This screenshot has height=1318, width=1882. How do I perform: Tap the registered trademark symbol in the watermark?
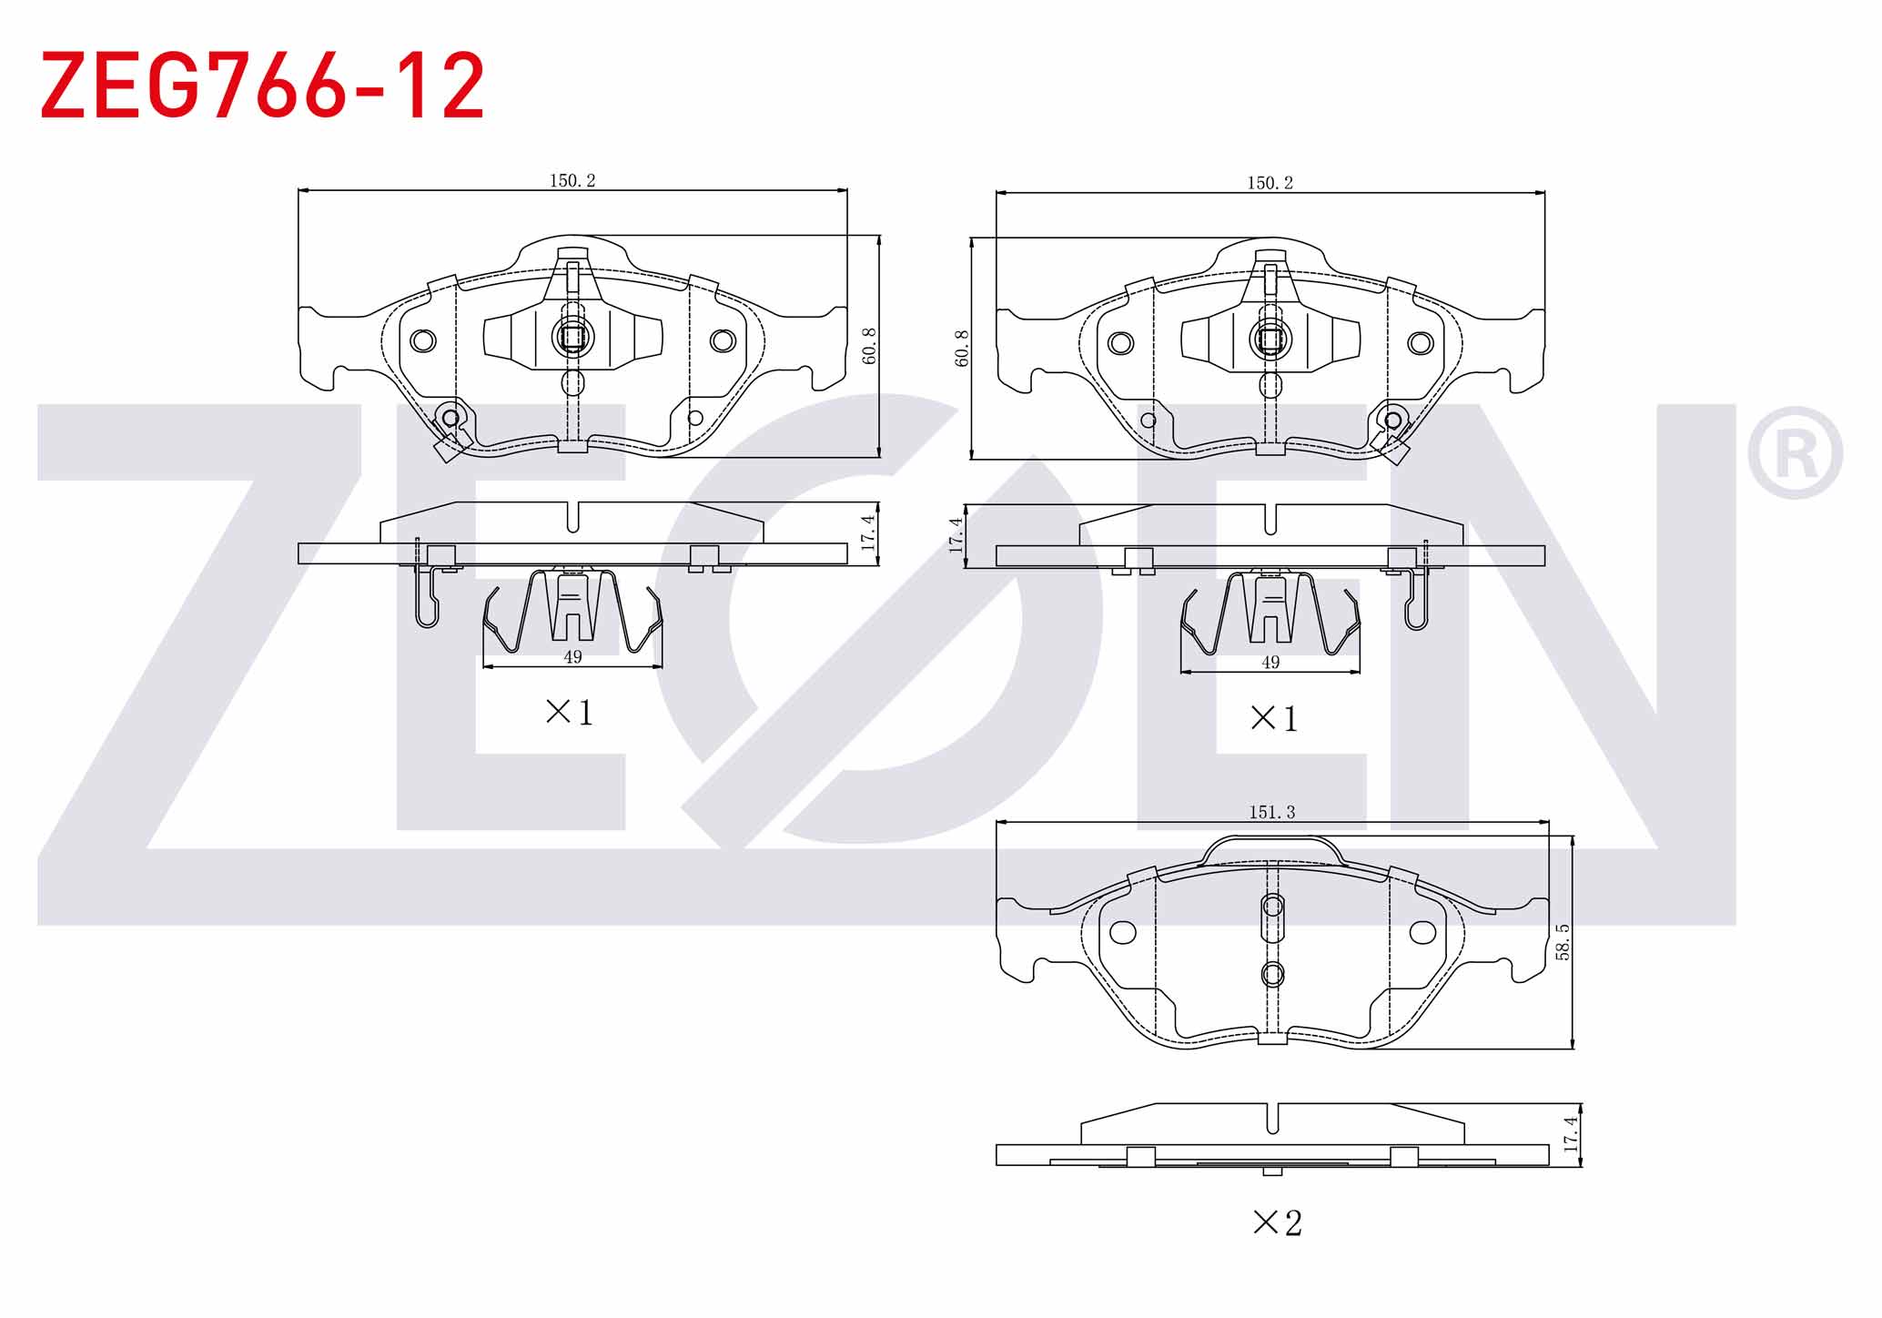click(x=1795, y=452)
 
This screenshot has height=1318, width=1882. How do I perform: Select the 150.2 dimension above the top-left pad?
click(x=572, y=180)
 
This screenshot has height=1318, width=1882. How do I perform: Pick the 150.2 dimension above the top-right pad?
click(x=1270, y=183)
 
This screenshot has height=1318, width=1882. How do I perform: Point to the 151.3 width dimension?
click(x=1271, y=812)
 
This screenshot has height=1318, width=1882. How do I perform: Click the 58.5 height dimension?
click(x=1563, y=941)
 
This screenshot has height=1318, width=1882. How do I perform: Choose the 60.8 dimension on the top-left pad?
click(x=869, y=346)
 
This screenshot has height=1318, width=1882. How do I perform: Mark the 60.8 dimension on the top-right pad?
click(x=962, y=349)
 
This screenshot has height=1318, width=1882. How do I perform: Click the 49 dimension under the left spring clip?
click(x=572, y=657)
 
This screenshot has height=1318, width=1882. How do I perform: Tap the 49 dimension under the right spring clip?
click(x=1270, y=663)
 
